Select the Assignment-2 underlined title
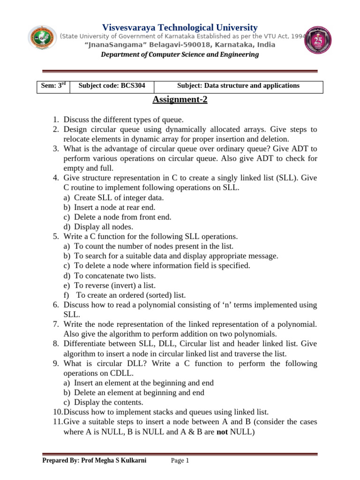pos(180,99)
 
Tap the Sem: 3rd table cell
pos(52,86)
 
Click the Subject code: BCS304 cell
pos(112,86)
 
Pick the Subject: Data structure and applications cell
pos(238,86)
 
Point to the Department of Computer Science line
pos(180,55)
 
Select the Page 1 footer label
pos(180,461)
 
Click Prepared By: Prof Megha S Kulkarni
pos(94,461)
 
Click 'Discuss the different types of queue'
pos(124,120)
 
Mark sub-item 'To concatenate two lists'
pos(115,276)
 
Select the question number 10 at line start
pos(57,412)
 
